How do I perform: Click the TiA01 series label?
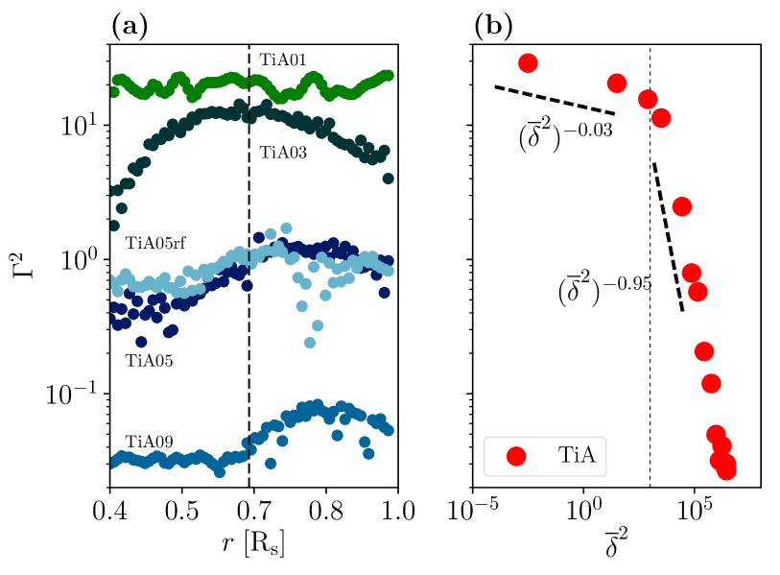click(x=283, y=60)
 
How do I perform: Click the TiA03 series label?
click(x=283, y=152)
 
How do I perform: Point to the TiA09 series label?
click(x=149, y=443)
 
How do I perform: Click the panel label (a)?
click(x=130, y=28)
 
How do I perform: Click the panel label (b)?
click(x=494, y=28)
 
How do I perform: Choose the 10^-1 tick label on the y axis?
click(x=67, y=394)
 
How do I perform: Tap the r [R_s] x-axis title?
click(x=253, y=545)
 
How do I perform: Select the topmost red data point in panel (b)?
click(x=528, y=63)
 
